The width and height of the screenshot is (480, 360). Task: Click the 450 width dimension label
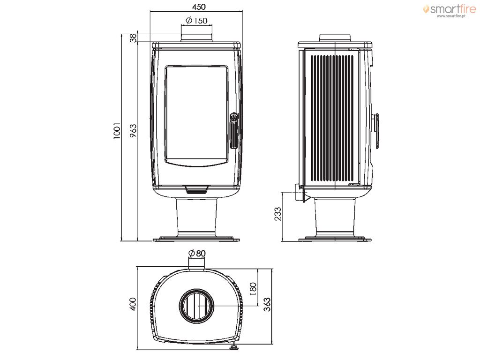199,7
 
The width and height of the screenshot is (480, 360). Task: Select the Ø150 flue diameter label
196,21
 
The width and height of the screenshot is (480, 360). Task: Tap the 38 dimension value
133,38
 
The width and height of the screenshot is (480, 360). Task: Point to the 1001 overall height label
117,131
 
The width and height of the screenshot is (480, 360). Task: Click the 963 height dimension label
133,131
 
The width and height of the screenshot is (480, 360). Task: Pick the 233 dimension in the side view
277,214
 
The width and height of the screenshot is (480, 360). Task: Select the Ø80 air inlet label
197,254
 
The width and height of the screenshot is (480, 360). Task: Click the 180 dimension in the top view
253,288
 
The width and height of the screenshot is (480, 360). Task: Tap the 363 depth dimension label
267,304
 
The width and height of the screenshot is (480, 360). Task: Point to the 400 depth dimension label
133,304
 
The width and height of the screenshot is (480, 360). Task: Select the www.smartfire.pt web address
451,16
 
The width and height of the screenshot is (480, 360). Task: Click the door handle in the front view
233,131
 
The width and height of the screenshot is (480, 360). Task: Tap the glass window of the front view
196,116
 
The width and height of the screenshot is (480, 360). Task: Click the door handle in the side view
376,131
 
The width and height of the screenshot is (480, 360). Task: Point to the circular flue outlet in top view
196,306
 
